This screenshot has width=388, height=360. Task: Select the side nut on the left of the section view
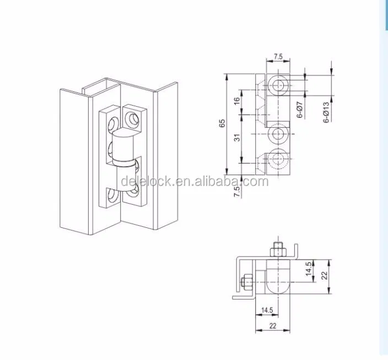tap(245, 283)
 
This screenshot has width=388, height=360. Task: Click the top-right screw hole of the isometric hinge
tap(133, 118)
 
